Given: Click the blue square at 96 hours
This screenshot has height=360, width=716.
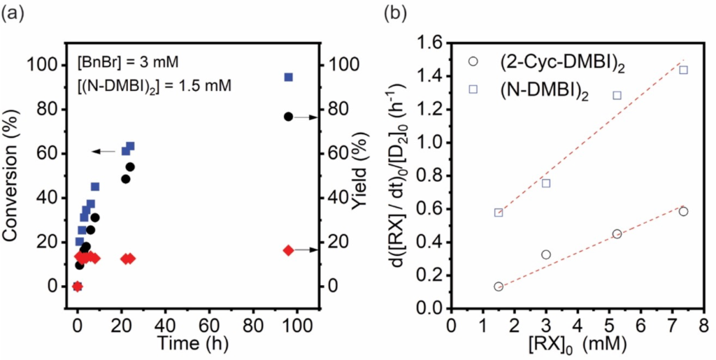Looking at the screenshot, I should [x=288, y=77].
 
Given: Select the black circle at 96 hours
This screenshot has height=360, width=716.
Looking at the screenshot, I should [x=288, y=117].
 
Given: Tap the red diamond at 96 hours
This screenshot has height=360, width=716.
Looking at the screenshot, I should [x=288, y=250].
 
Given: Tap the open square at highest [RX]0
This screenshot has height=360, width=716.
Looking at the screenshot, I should [x=683, y=70].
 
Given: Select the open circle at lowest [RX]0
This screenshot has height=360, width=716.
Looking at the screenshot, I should [x=498, y=287].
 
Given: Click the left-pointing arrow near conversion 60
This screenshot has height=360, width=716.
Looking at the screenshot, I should [x=104, y=151].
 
